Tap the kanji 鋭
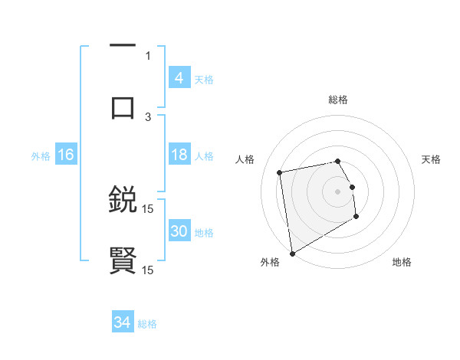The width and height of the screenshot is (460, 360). coord(123,200)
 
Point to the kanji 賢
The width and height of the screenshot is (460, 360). coord(123,260)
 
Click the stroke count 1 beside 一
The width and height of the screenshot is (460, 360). coord(148,55)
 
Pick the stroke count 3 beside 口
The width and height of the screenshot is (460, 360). coord(148,116)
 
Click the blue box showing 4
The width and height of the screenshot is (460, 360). coord(179,78)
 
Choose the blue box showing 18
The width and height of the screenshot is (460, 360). coord(179,155)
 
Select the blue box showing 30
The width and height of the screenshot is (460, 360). coord(179,231)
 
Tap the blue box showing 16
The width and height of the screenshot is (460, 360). coord(66,155)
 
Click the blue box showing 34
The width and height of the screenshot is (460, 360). coord(123,322)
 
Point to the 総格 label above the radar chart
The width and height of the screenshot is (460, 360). coord(338,100)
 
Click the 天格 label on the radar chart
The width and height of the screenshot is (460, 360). coord(431,159)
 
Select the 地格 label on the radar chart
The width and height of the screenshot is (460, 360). coord(402,262)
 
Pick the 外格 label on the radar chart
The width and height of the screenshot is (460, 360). coord(270,262)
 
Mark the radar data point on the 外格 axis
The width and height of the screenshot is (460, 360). coord(292,253)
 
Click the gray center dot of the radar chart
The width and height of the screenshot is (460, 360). coord(338,191)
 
